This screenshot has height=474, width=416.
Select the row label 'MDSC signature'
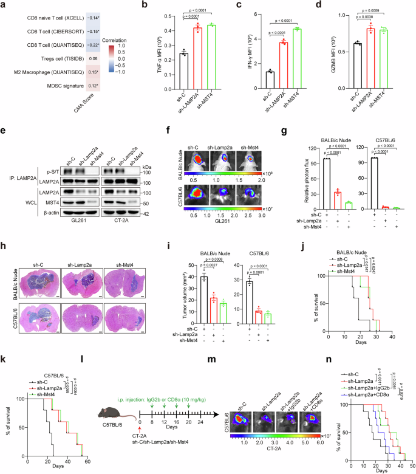pos(63,86)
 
